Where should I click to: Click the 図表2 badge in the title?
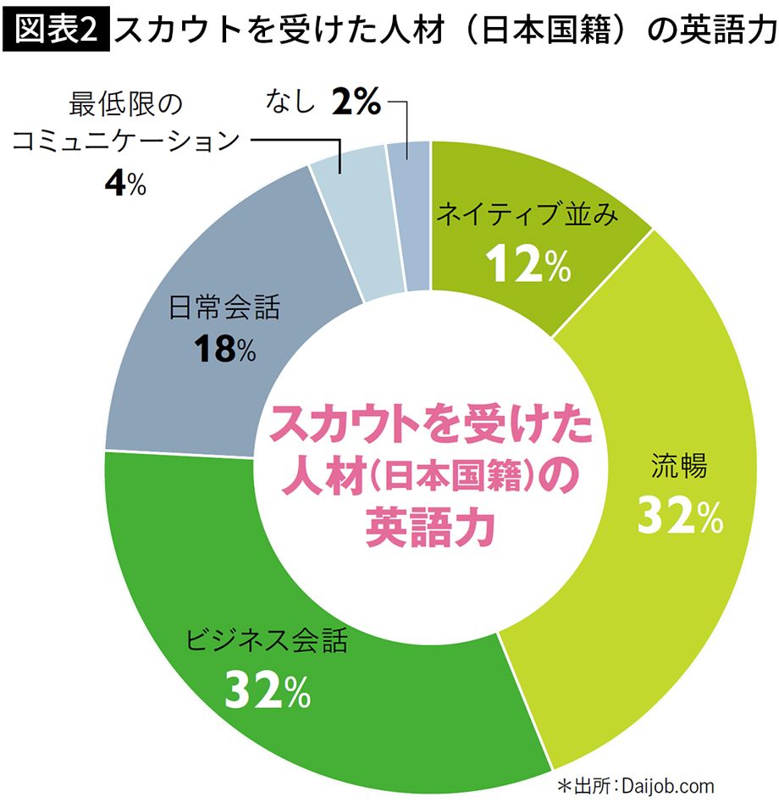point(57,30)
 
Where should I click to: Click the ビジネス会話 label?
point(267,640)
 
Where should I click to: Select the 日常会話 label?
point(224,307)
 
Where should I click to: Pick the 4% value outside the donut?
point(124,184)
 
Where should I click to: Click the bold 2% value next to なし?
point(356,104)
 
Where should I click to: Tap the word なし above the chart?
point(290,104)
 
